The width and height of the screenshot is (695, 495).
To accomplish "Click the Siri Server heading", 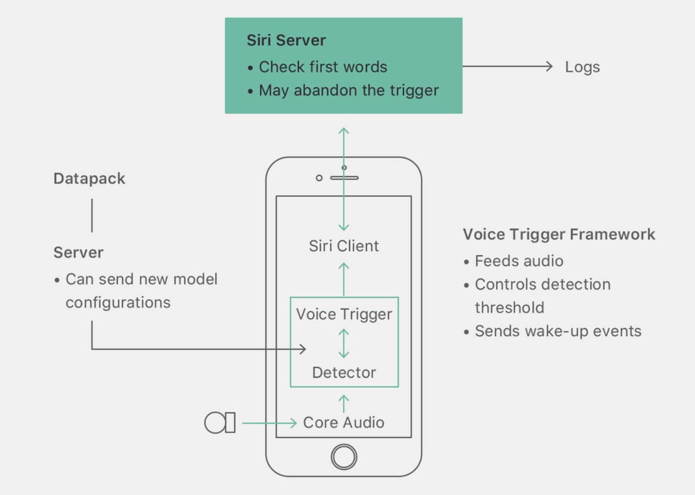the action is (286, 41).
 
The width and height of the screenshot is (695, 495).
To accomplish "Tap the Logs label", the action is (583, 67).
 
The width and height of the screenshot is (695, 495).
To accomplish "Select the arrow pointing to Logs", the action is (507, 66).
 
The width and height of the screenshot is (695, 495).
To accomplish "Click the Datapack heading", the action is (89, 179).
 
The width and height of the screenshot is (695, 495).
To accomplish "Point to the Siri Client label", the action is (344, 246).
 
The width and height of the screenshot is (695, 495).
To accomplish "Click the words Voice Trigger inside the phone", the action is (344, 314).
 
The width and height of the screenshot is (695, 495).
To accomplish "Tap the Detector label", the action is (344, 372).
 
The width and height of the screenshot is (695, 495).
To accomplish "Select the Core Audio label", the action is (344, 423).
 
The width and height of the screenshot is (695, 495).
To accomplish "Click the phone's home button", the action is (344, 457).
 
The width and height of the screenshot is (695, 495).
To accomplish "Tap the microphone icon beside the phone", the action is (220, 423).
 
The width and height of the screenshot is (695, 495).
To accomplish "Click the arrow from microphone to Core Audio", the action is (269, 423).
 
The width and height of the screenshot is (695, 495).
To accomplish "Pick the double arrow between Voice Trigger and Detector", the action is (344, 344).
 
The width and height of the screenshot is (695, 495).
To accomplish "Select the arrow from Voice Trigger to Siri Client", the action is (344, 279).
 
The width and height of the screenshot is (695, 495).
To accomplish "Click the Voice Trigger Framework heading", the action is (559, 234).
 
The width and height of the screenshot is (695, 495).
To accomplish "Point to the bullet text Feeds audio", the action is (519, 261).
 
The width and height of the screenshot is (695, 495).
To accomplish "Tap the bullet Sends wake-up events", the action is (558, 331).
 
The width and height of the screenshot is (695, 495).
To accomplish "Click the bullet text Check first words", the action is (323, 67).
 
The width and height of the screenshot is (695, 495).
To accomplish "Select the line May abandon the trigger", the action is (349, 90).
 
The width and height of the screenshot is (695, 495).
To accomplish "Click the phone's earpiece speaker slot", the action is (345, 178).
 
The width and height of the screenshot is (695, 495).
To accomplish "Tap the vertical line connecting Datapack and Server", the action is (92, 215).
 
